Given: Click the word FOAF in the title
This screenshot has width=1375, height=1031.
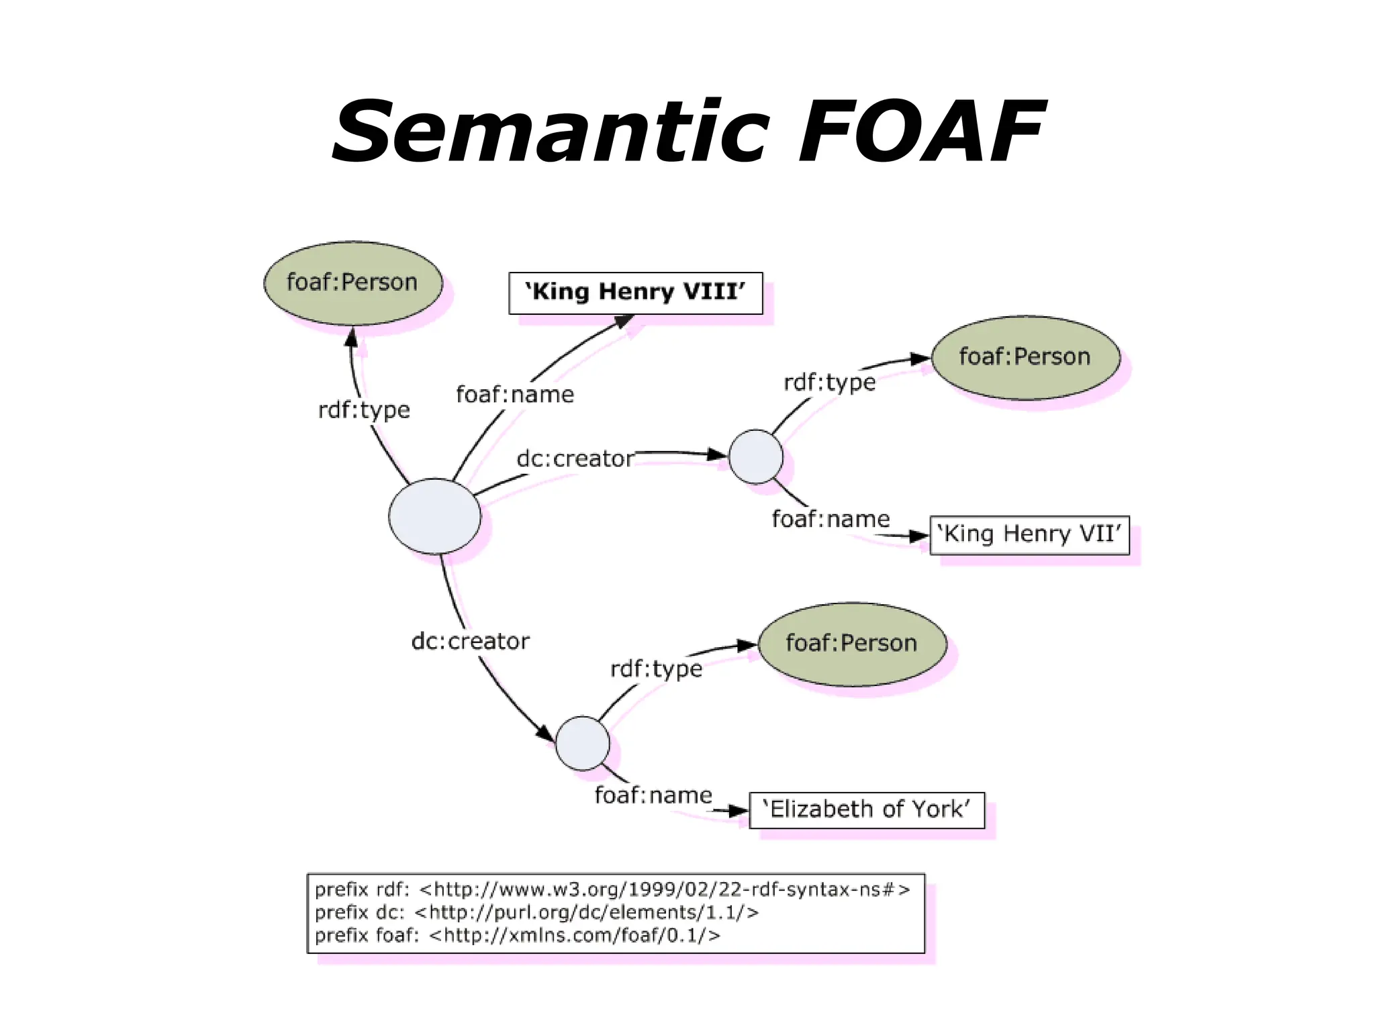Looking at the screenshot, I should click(921, 132).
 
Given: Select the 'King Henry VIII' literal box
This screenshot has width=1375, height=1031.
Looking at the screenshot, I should click(635, 293).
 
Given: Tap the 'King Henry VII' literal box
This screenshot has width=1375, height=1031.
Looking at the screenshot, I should click(1029, 535).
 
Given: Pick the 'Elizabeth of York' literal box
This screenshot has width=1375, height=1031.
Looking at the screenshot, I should click(866, 810).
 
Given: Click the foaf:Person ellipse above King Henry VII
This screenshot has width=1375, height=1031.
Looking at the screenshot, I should click(1025, 357).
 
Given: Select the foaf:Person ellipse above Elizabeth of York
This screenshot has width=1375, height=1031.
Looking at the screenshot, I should click(852, 644).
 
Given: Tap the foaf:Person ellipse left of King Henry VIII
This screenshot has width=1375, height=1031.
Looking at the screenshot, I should click(352, 283).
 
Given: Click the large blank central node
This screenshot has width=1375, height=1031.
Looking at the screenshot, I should click(434, 516).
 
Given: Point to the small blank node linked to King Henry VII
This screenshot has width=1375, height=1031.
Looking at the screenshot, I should click(755, 457).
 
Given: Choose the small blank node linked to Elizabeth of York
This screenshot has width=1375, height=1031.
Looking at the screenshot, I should click(582, 743).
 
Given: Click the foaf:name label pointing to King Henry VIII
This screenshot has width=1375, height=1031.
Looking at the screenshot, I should click(515, 395).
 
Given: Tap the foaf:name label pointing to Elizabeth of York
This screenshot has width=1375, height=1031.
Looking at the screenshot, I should click(653, 795).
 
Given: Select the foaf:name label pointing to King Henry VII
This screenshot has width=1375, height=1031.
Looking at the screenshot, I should click(830, 520).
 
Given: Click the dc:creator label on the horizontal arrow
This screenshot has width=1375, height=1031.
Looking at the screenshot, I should click(575, 459).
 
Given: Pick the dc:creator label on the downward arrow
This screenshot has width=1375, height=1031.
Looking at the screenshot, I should click(470, 642).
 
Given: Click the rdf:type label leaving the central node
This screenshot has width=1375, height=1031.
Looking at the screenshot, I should click(364, 410).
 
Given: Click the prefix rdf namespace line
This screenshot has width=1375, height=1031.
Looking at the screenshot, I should click(612, 890).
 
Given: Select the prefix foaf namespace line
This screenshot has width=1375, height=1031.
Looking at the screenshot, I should click(517, 936).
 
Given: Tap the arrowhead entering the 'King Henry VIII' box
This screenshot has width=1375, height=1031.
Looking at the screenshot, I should click(625, 322).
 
